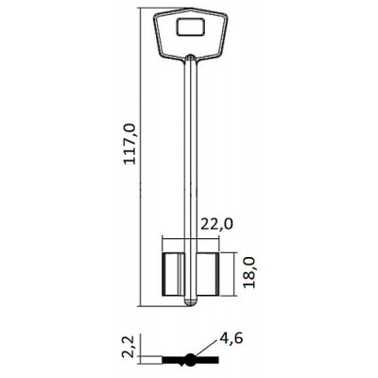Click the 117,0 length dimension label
click(129, 144)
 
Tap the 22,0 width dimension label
click(217, 224)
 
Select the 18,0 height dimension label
click(249, 272)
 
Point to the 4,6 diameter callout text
click(232, 338)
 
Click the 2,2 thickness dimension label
click(129, 347)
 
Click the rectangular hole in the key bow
click(191, 26)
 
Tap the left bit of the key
click(173, 274)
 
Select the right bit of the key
click(208, 274)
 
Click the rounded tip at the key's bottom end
click(191, 302)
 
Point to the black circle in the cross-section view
click(190, 359)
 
